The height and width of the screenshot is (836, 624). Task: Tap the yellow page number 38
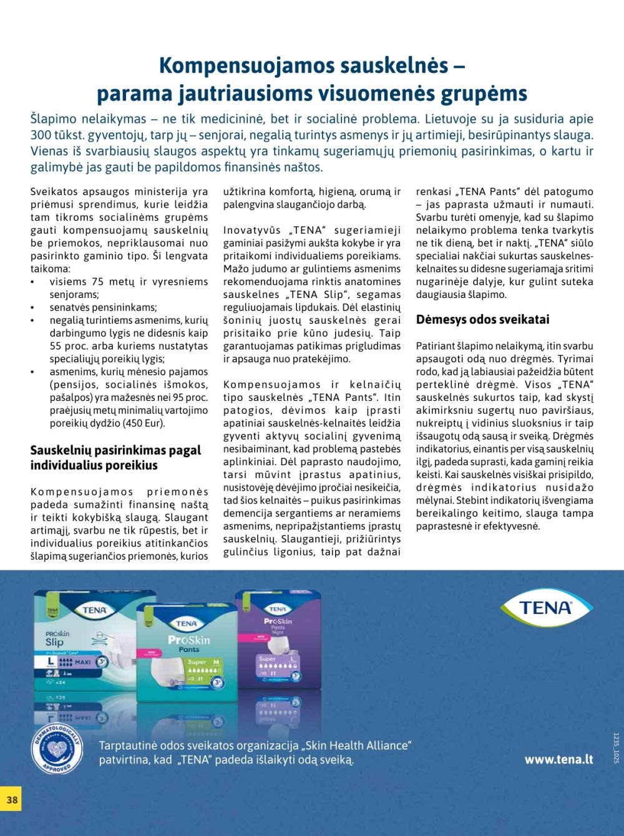12,799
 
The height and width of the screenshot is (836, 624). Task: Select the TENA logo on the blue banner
545,607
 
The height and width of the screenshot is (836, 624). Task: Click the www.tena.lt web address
558,759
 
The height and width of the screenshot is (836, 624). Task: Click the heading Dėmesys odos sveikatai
482,319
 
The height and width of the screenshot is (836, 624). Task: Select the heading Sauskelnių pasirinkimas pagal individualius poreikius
115,458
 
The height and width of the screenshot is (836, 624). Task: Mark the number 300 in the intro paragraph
41,135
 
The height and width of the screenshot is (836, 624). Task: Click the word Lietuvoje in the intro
454,118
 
